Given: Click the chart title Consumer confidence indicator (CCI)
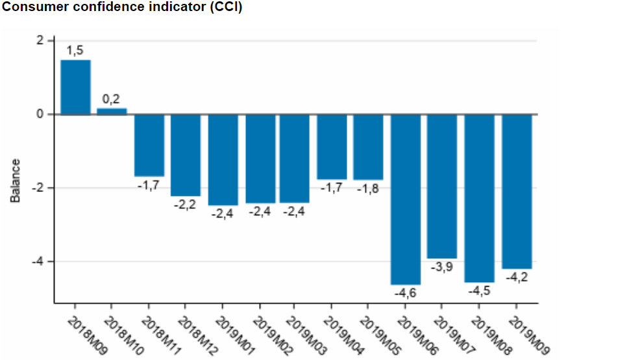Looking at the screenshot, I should (x=123, y=9).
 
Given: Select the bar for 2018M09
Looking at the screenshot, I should (x=75, y=87).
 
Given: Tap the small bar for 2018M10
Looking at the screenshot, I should (x=112, y=111).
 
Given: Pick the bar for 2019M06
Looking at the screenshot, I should (x=406, y=199).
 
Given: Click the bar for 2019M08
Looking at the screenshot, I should (x=480, y=198).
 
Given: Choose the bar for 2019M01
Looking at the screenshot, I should (x=223, y=160).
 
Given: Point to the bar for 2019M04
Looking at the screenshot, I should (x=332, y=147).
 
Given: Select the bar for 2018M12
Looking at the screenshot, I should (x=186, y=155).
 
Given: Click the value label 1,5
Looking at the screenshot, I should (x=75, y=51).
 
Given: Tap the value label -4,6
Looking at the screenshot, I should (x=405, y=293).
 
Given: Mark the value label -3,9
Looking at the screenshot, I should (x=442, y=267).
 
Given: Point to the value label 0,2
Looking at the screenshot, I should (x=112, y=99).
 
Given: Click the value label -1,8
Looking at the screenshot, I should (x=368, y=189).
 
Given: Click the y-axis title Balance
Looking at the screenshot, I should (x=16, y=180).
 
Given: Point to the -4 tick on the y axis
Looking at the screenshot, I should (x=41, y=261).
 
